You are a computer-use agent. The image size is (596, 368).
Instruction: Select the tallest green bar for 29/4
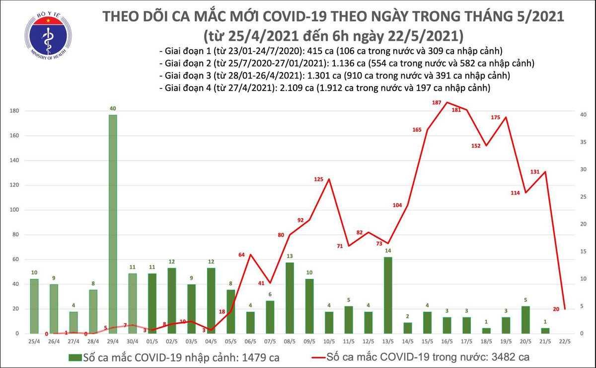pyautogui.click(x=113, y=224)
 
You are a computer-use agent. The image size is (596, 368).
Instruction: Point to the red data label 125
pyautogui.click(x=319, y=179)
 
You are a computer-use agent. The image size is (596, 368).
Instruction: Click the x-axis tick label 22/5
pyautogui.click(x=565, y=342)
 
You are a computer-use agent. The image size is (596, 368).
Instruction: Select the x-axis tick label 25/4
pyautogui.click(x=34, y=342)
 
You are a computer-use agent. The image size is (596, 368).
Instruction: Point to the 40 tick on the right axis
pyautogui.click(x=584, y=115)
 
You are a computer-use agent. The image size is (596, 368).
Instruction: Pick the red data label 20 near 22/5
pyautogui.click(x=556, y=309)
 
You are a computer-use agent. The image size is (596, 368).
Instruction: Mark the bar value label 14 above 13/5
pyautogui.click(x=388, y=251)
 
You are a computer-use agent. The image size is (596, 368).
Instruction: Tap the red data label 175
pyautogui.click(x=495, y=117)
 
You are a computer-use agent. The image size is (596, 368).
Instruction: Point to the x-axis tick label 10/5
pyautogui.click(x=329, y=342)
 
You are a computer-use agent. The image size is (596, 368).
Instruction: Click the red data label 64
pyautogui.click(x=242, y=255)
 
